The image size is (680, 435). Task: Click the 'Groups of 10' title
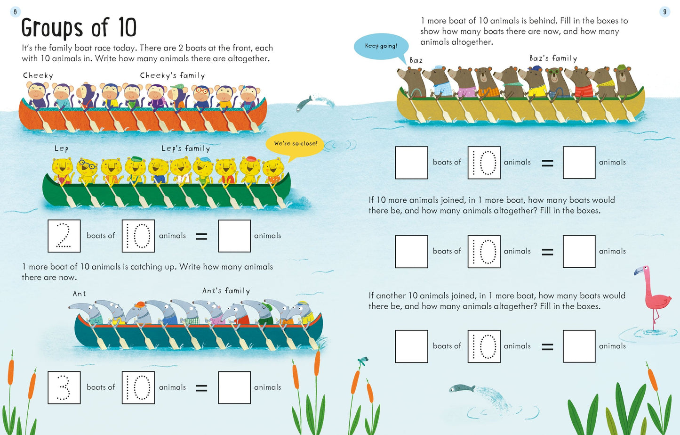[x=79, y=27]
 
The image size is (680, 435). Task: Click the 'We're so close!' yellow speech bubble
[x=295, y=145]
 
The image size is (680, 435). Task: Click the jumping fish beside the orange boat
[x=304, y=104]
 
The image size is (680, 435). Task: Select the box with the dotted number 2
[x=64, y=236]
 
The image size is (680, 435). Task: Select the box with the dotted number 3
[x=64, y=387]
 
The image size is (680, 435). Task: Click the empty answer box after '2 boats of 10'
[x=234, y=236]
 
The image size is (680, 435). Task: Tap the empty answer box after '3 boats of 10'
[x=234, y=387]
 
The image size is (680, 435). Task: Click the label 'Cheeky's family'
[x=172, y=75]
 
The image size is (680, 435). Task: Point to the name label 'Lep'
[x=61, y=148]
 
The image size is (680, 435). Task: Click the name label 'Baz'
[x=416, y=60]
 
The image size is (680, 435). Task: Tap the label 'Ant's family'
[x=226, y=291]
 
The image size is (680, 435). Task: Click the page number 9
[x=664, y=12]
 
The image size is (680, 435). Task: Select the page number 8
[x=15, y=12]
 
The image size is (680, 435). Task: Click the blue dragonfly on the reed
[x=363, y=361]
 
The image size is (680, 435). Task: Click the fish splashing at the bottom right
[x=462, y=388]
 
